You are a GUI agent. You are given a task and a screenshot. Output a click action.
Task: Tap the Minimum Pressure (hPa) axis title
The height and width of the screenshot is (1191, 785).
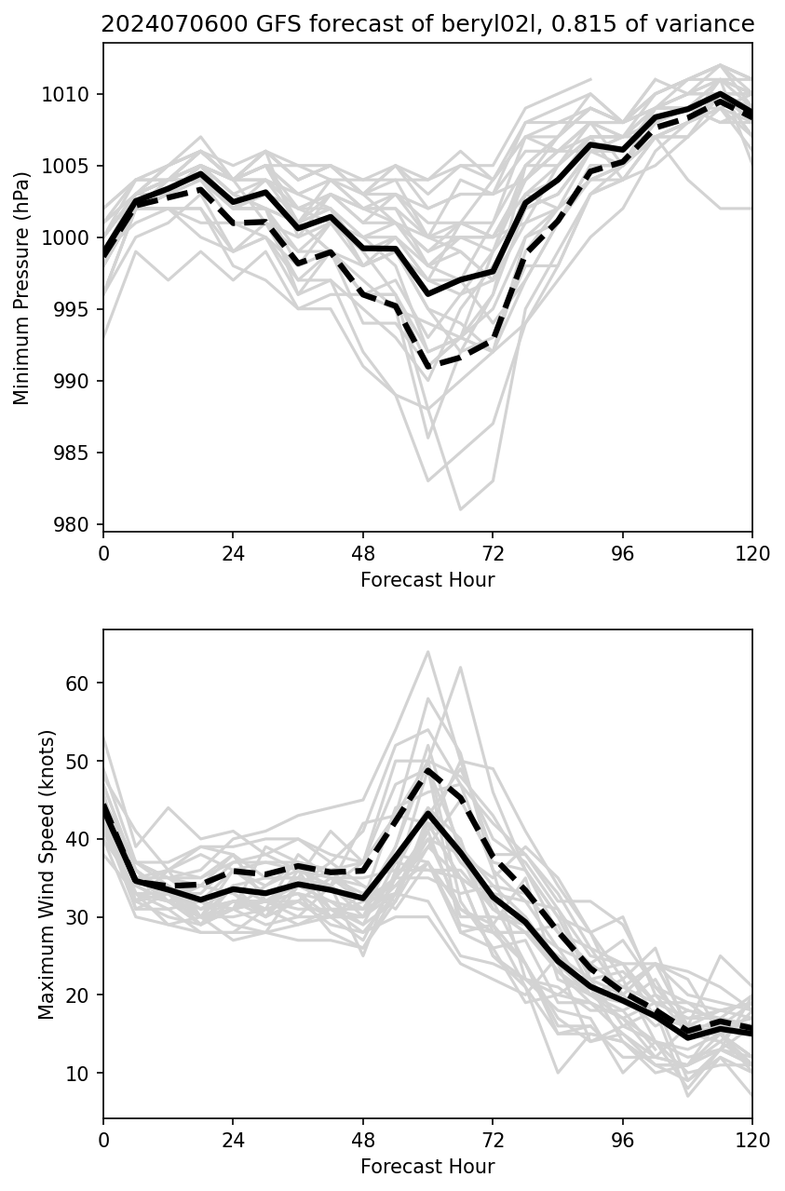click(21, 288)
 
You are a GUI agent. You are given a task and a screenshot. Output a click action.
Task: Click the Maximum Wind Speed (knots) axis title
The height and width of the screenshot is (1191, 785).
click(47, 874)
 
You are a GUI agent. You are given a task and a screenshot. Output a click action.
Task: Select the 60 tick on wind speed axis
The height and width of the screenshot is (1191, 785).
click(84, 683)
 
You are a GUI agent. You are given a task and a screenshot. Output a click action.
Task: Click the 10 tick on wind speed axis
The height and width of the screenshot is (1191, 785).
click(84, 1074)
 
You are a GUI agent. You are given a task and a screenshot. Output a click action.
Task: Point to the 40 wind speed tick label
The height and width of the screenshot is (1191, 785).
click(84, 840)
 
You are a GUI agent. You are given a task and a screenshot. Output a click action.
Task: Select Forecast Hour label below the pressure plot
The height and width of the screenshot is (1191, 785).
click(427, 580)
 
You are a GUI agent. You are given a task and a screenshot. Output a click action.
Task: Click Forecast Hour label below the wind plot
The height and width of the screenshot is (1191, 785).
click(427, 1167)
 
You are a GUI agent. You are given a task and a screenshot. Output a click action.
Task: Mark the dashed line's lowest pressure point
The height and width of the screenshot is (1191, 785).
click(428, 368)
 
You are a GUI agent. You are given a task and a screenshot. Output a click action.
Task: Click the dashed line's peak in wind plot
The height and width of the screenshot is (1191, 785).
click(428, 770)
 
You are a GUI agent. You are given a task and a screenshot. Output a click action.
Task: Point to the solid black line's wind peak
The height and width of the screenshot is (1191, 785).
click(428, 813)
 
